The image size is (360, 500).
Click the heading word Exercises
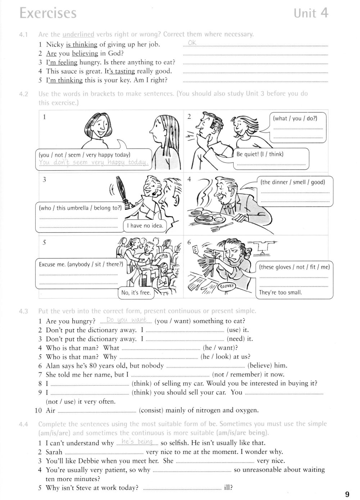coord(48,13)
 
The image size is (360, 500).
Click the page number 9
coord(347,494)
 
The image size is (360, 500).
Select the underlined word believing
coord(85,53)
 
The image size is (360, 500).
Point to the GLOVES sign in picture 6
coord(226,287)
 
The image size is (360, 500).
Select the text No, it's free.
coord(136,293)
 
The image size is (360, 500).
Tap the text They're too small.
coord(280,292)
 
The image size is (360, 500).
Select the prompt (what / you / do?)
coord(295,118)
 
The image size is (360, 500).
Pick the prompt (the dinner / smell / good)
coord(293,182)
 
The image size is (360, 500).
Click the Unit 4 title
coord(311,13)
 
